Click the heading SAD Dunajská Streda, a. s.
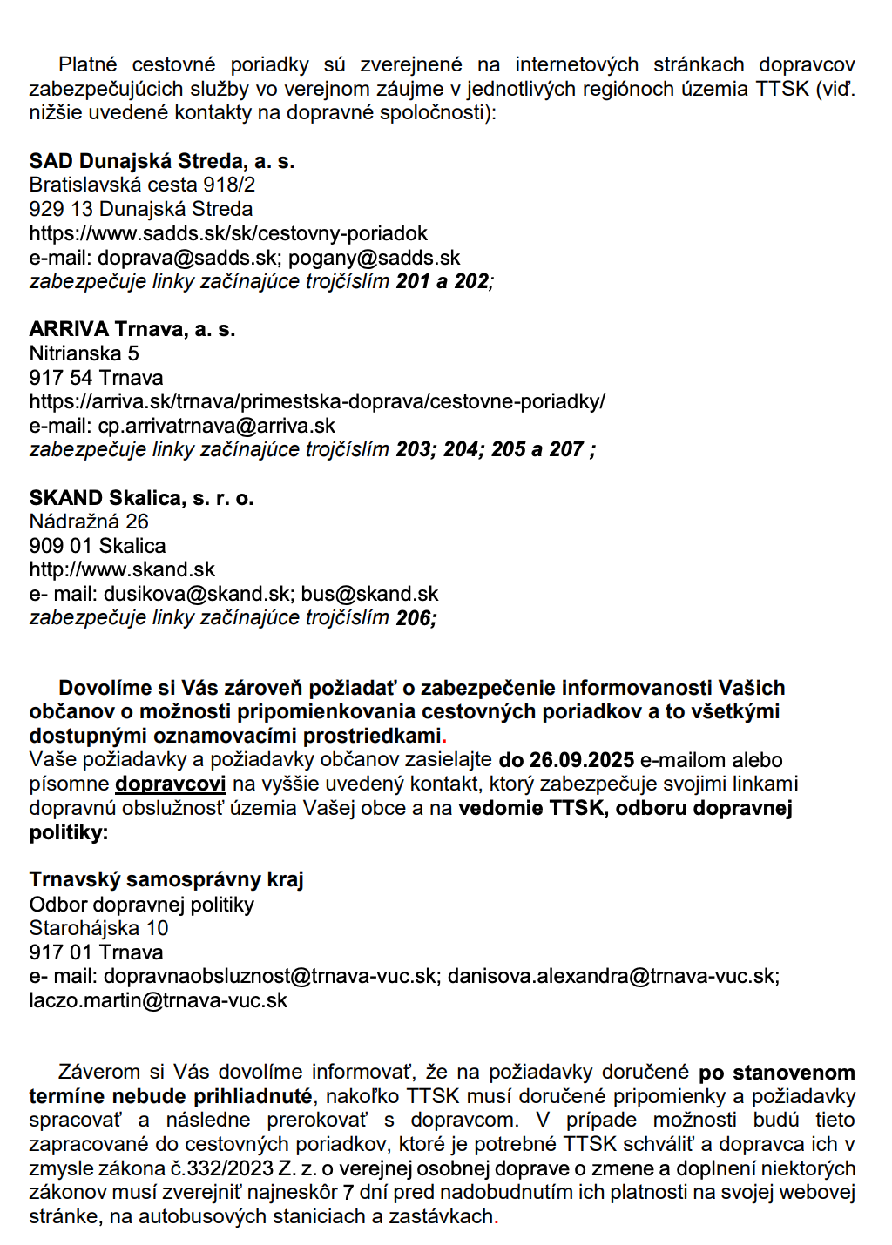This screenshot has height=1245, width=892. tap(162, 161)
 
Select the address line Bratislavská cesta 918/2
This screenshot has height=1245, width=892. tap(142, 185)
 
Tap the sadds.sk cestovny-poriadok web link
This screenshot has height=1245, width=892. tap(228, 233)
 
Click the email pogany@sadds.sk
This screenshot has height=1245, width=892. tap(374, 258)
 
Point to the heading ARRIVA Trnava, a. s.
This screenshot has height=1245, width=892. tap(132, 329)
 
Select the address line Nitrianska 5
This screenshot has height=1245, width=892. tap(84, 353)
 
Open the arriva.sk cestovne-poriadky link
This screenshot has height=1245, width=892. tap(317, 401)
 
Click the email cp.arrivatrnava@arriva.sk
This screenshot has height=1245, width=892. tap(216, 426)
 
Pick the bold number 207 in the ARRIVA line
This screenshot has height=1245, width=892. tap(566, 449)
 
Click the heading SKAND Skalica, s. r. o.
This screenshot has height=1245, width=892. tap(141, 498)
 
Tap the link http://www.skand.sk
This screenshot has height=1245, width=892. tap(122, 569)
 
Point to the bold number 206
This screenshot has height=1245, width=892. tap(414, 618)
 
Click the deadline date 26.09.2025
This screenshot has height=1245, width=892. tap(581, 760)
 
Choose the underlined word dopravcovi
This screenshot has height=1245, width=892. tap(171, 784)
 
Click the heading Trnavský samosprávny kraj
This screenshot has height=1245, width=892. tap(166, 879)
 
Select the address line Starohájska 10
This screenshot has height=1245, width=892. tap(98, 928)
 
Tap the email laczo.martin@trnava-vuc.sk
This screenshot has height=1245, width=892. tap(158, 1000)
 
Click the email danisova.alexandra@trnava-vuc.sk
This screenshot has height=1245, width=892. tap(612, 976)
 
